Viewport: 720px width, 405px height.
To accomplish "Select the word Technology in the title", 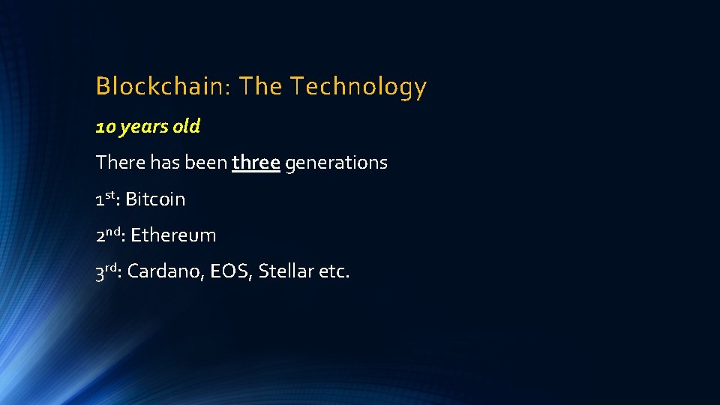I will tap(358, 87).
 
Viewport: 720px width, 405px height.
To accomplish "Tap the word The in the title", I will tap(262, 87).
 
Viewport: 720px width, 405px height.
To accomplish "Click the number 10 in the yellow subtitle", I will tap(105, 127).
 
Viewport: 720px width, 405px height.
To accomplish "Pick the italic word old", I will tap(186, 127).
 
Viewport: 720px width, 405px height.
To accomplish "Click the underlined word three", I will tap(256, 162).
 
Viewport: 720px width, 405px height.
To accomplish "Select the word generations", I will tap(336, 163).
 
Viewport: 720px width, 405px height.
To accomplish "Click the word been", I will tap(205, 162).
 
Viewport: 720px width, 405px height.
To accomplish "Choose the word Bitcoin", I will tap(155, 199).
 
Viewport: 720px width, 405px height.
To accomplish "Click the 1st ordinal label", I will tap(106, 198).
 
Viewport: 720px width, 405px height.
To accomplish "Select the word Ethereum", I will tap(173, 235).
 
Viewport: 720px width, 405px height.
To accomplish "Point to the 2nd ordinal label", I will tap(109, 234).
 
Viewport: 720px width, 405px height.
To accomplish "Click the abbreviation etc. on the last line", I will tap(334, 271).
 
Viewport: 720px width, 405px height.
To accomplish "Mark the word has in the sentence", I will tap(162, 162).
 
